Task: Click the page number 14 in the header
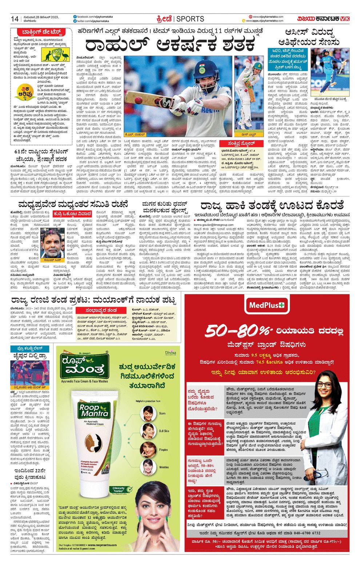tap(15, 19)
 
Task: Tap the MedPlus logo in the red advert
tap(266, 306)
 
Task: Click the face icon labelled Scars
tap(148, 413)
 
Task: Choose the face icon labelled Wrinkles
tap(148, 467)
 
